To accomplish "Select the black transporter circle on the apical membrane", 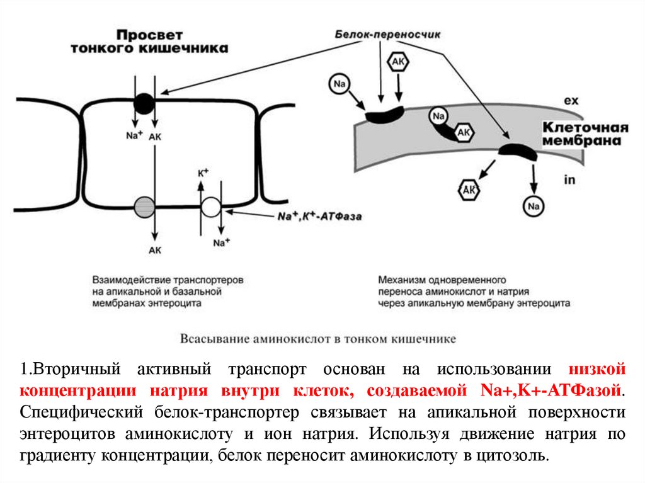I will pos(144,103).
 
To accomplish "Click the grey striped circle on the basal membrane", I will pos(144,206).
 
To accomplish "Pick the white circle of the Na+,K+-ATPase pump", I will pos(211,207).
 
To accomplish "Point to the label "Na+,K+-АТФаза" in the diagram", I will pos(319,216).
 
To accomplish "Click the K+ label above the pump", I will pos(203,173).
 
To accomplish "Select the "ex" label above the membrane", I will pos(571,100).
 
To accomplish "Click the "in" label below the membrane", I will pos(570,179).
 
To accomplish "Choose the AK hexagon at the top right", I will pos(399,62).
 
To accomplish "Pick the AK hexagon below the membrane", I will pos(469,189).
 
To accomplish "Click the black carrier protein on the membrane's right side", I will pos(517,152).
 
